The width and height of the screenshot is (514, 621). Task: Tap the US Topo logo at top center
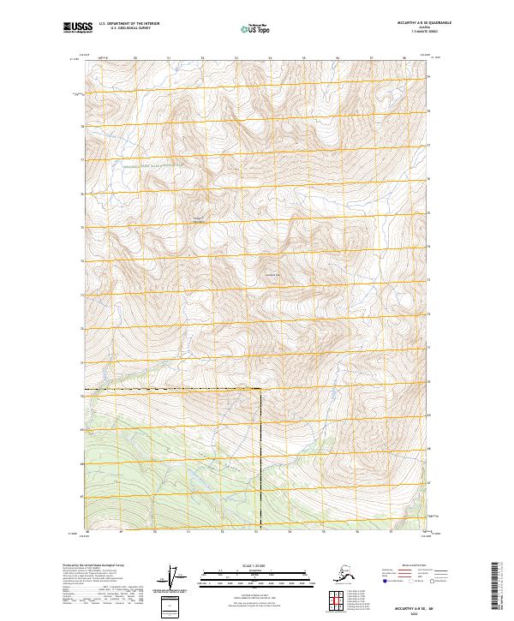point(256,29)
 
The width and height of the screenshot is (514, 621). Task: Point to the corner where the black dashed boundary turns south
point(260,390)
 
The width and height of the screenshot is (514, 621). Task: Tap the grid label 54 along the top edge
point(270,58)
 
